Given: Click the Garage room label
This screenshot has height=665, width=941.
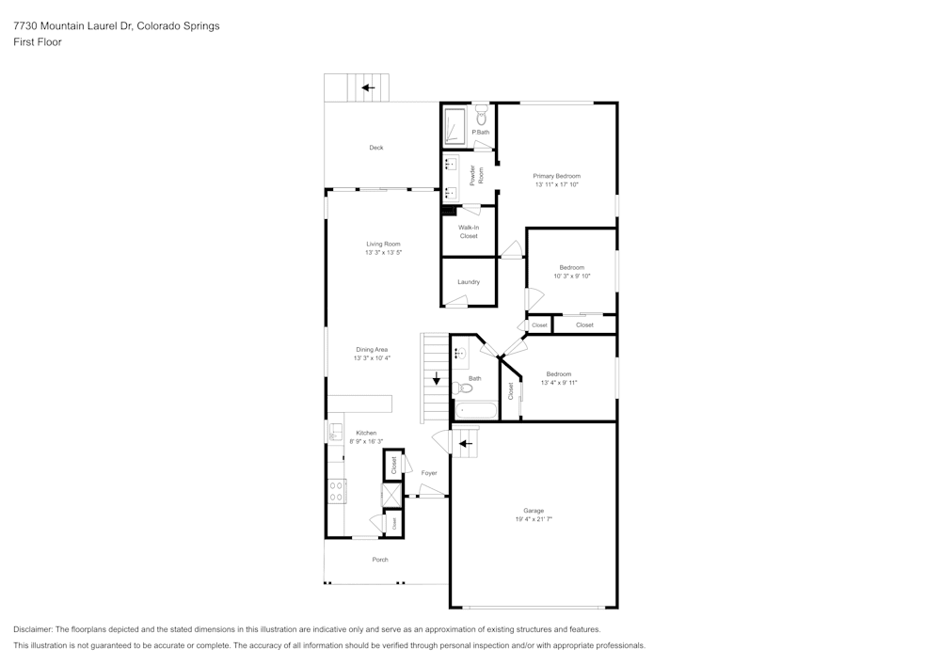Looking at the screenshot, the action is point(534,511).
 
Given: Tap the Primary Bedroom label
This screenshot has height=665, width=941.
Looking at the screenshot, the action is point(557,176).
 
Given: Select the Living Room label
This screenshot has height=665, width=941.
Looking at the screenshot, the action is point(384,244).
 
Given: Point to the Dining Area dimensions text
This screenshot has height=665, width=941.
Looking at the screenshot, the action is point(372,358).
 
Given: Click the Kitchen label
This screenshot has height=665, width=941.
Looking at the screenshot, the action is point(367,433).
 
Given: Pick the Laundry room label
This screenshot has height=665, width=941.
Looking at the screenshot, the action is point(469,282).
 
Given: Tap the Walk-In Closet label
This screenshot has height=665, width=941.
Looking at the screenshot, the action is point(469,231).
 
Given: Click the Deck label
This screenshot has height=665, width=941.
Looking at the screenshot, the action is point(376,148).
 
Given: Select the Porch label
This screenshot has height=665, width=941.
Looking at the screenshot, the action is point(380,560).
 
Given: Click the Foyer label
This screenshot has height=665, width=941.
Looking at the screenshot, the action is point(429,473).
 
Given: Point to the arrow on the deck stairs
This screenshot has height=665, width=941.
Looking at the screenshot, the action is point(368,88).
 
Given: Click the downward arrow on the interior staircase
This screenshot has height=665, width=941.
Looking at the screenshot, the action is point(437,378).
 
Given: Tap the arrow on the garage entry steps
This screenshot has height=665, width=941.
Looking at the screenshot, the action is point(466,444).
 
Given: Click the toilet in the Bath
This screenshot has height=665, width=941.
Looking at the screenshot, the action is point(463,388).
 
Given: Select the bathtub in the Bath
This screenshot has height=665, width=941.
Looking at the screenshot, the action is point(476,411).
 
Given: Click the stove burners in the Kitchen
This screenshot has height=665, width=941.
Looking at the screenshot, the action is point(336,491).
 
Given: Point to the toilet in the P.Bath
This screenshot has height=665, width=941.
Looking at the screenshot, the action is point(481,117).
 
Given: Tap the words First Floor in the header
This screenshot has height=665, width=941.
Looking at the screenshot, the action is point(38,42).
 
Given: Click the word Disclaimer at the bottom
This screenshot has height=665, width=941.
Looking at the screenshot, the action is point(32,629).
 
